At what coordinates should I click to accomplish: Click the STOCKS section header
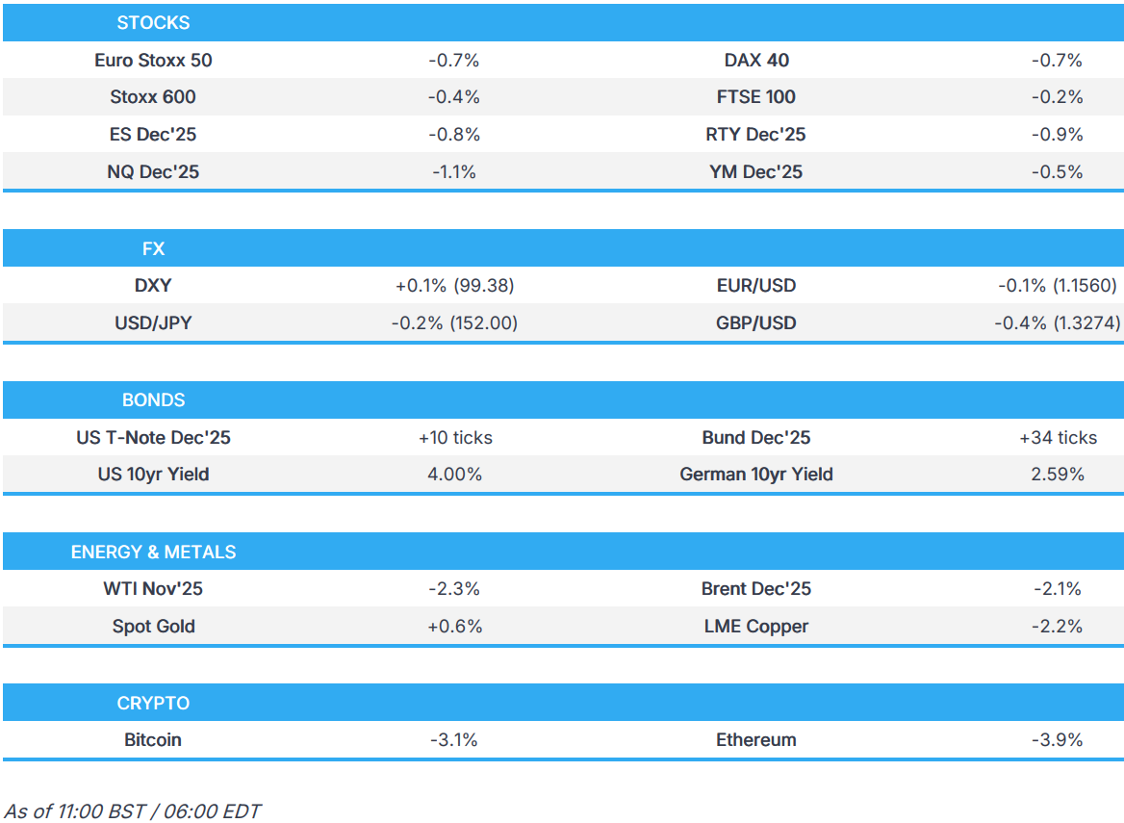pyautogui.click(x=153, y=22)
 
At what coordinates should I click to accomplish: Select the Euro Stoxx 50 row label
pyautogui.click(x=153, y=60)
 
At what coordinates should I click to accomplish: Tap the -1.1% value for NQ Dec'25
pyautogui.click(x=453, y=172)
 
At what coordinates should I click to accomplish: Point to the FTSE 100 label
pyautogui.click(x=755, y=97)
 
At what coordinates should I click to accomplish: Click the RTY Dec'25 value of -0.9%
pyautogui.click(x=1057, y=135)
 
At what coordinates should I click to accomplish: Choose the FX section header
pyautogui.click(x=153, y=248)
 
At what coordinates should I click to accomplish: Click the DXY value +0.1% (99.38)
pyautogui.click(x=453, y=286)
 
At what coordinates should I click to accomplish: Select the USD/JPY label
pyautogui.click(x=153, y=323)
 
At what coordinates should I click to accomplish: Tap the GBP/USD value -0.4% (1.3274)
pyautogui.click(x=1057, y=323)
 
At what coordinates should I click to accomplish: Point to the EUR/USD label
pyautogui.click(x=755, y=286)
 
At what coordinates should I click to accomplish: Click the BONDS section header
pyautogui.click(x=153, y=399)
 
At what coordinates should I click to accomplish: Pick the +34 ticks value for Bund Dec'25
pyautogui.click(x=1057, y=437)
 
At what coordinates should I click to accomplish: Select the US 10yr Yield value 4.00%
pyautogui.click(x=453, y=475)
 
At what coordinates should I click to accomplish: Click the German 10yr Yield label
pyautogui.click(x=755, y=475)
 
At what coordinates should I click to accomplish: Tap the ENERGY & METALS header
pyautogui.click(x=153, y=552)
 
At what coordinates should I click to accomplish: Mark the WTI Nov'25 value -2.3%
pyautogui.click(x=453, y=588)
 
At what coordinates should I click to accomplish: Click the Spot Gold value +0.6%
pyautogui.click(x=453, y=627)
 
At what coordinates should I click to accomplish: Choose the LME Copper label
pyautogui.click(x=755, y=627)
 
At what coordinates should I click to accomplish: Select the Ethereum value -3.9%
pyautogui.click(x=1057, y=740)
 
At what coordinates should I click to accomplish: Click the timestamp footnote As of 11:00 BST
pyautogui.click(x=132, y=810)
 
